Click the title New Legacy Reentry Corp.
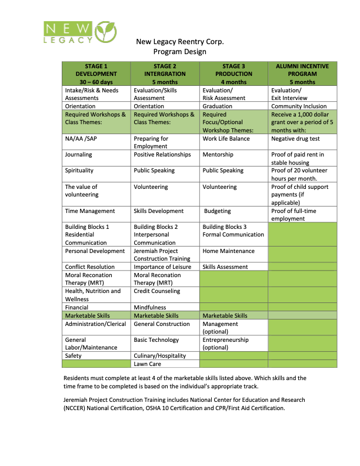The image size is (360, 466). [180, 42]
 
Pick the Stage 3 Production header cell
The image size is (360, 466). [234, 74]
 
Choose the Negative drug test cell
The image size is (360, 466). [294, 139]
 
